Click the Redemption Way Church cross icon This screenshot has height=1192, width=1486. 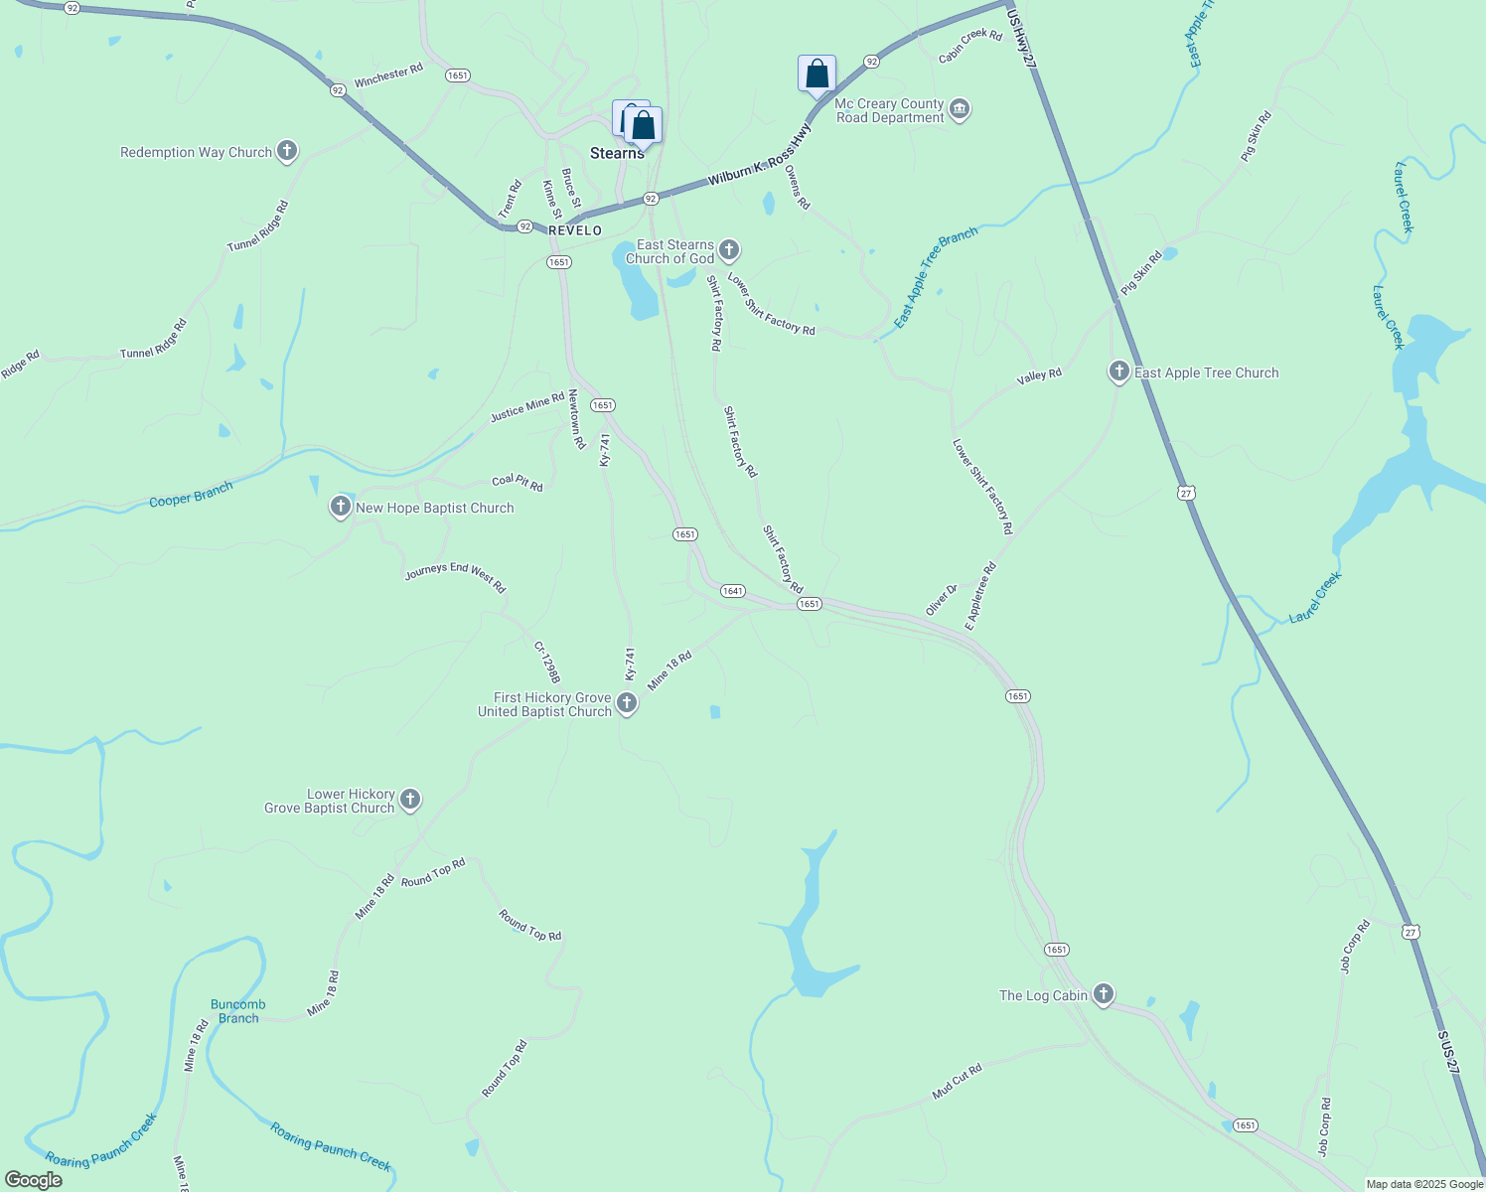click(287, 151)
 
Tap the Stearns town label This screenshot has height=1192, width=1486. click(617, 153)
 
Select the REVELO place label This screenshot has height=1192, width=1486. click(575, 230)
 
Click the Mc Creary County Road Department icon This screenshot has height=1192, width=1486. click(959, 109)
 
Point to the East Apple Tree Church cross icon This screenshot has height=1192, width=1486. click(1118, 372)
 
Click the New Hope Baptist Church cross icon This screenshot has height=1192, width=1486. click(341, 508)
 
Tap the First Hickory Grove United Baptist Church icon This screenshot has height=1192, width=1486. click(627, 704)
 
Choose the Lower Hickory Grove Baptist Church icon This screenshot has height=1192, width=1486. click(410, 800)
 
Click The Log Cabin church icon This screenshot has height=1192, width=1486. click(1103, 994)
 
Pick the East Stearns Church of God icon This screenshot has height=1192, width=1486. click(729, 250)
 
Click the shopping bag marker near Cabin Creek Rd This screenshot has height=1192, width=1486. click(817, 74)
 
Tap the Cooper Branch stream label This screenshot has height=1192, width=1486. click(191, 495)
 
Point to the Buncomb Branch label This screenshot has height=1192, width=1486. click(238, 1011)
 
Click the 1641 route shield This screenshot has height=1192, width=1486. click(732, 591)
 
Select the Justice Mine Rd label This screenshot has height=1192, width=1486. click(527, 408)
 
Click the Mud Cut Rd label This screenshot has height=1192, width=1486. click(957, 1082)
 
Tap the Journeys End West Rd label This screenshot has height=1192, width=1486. click(455, 577)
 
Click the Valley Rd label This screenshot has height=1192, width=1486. click(1039, 377)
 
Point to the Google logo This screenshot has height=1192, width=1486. click(33, 1180)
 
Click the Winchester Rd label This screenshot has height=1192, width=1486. click(388, 75)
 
